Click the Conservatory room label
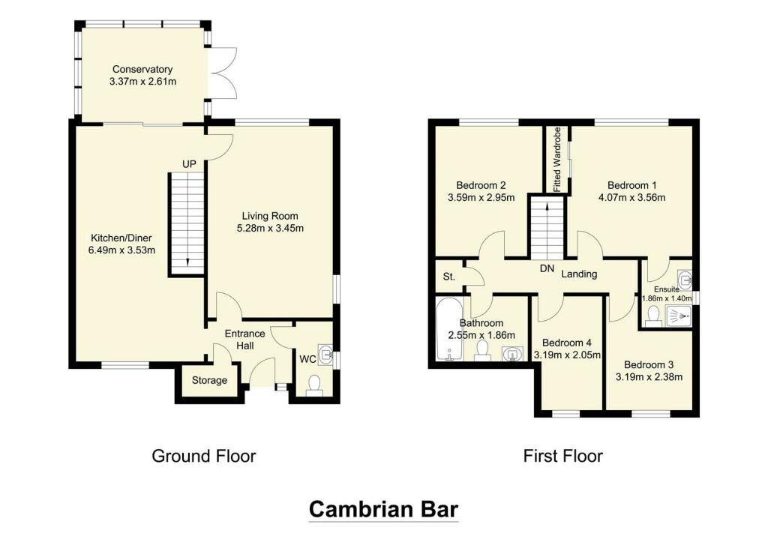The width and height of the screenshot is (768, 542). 142,69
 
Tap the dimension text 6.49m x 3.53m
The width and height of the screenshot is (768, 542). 121,250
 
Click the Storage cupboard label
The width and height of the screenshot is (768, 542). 209,380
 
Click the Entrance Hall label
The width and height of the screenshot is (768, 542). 244,340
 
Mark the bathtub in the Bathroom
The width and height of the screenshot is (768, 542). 448,330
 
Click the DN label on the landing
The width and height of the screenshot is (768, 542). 546,268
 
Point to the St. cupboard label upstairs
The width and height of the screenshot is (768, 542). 449,277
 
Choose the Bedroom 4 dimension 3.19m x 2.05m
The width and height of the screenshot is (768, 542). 567,355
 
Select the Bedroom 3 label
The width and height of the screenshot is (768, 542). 649,363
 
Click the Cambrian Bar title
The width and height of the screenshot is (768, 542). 383,510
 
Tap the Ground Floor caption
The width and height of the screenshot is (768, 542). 204,456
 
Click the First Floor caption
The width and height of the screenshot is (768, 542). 563,456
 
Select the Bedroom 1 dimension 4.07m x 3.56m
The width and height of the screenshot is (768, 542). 632,199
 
